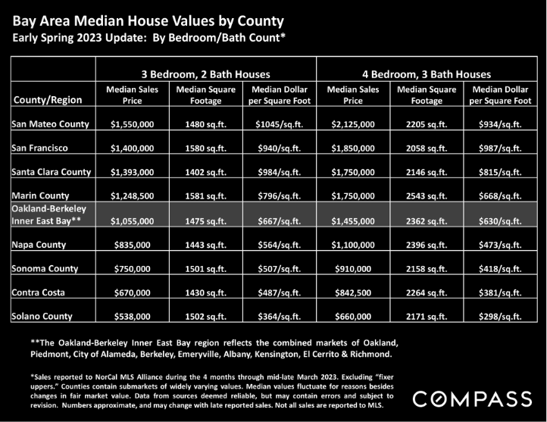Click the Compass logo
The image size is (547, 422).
pos(472,399)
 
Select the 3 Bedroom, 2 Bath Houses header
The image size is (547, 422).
pos(206,74)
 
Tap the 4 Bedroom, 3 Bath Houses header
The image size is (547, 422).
pos(427,74)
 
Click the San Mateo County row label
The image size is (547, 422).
pos(50,124)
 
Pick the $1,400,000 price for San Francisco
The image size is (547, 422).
pos(133,148)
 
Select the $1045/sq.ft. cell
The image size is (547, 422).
pos(279,124)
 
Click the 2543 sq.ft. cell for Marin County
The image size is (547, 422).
pos(427,196)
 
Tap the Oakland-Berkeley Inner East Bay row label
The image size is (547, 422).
pos(48,215)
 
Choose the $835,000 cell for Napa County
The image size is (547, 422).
pos(133,245)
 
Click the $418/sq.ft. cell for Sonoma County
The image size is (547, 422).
pos(500,269)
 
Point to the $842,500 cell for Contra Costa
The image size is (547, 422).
pos(353,292)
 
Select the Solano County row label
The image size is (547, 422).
pos(42,317)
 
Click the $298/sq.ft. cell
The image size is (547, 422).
pos(500,317)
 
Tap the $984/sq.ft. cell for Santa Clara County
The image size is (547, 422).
pos(279,172)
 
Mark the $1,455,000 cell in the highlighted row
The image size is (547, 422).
pos(353,221)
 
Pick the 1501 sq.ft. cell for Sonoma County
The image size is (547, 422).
pos(206,269)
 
